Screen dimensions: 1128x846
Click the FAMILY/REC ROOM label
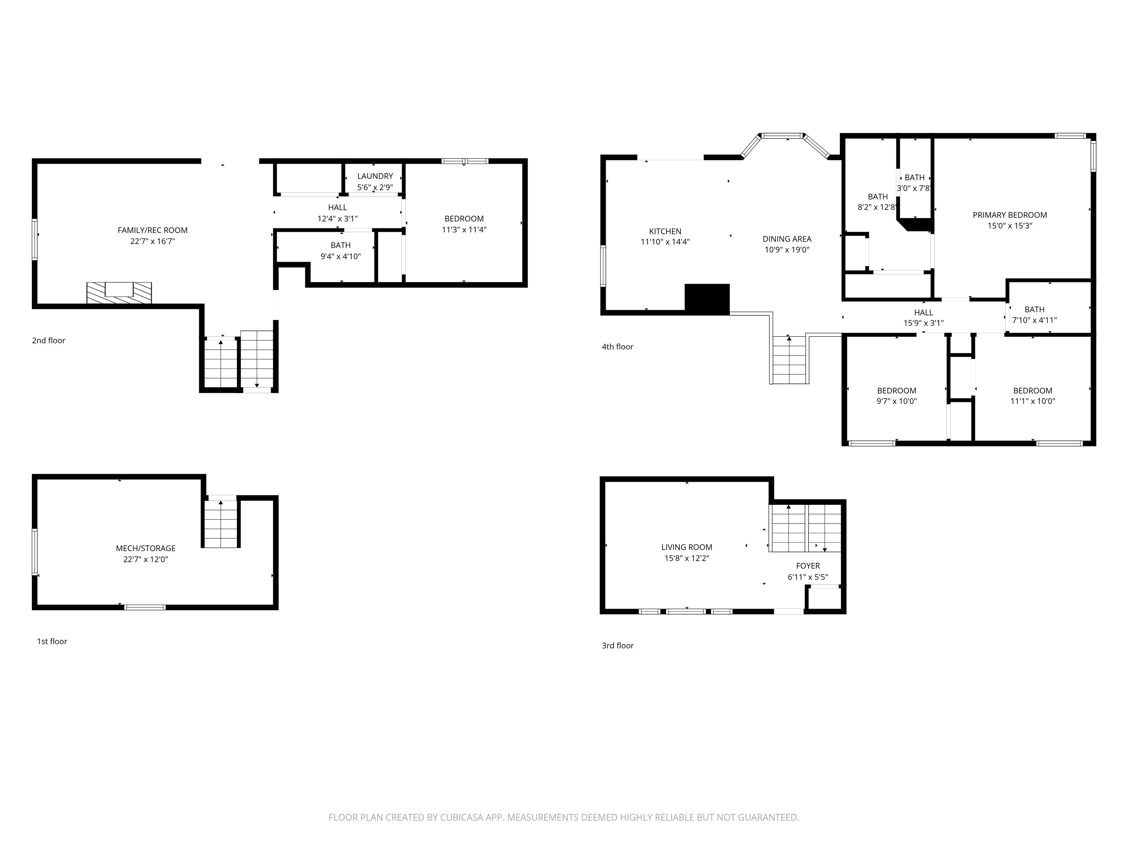tap(152, 230)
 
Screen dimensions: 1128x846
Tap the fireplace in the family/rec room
tap(119, 293)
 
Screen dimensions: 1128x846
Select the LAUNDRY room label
tap(375, 176)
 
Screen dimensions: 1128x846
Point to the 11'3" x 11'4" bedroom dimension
tap(464, 229)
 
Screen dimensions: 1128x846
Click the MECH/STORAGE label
tap(146, 548)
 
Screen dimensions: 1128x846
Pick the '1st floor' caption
tap(52, 641)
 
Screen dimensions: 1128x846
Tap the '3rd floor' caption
tap(618, 645)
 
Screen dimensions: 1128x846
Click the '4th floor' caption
tap(618, 346)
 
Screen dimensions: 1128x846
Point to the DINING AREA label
tap(787, 239)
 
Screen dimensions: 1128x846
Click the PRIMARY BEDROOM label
tap(1010, 215)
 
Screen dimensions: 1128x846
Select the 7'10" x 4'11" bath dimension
tap(1034, 320)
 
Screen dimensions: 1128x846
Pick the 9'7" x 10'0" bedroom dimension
tap(896, 401)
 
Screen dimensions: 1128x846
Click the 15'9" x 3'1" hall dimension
tap(923, 323)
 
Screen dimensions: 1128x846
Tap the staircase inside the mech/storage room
tap(221, 523)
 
